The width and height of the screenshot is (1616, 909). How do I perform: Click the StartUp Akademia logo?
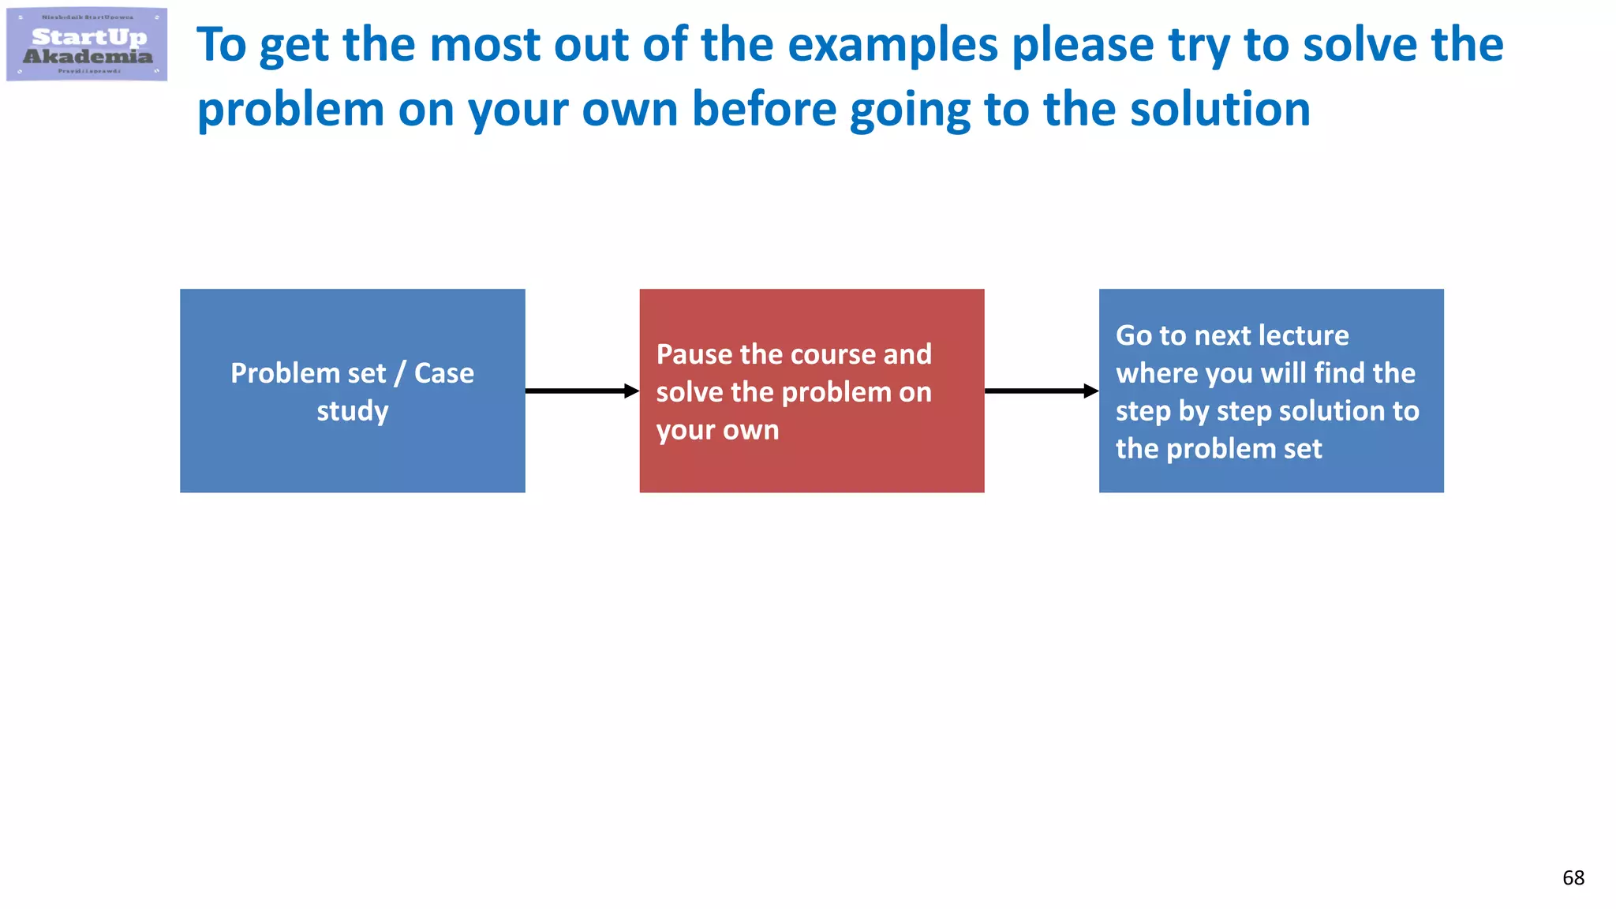pyautogui.click(x=87, y=44)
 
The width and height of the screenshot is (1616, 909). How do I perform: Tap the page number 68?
pyautogui.click(x=1573, y=877)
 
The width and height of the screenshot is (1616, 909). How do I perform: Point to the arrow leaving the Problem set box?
pyautogui.click(x=582, y=391)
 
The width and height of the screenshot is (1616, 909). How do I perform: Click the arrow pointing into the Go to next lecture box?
pyautogui.click(x=1041, y=391)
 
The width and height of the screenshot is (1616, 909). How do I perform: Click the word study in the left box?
pyautogui.click(x=353, y=411)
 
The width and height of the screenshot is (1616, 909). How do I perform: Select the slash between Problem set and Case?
pyautogui.click(x=400, y=373)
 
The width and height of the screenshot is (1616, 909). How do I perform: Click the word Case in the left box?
pyautogui.click(x=444, y=373)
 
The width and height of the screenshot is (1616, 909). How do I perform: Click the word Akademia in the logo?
pyautogui.click(x=88, y=56)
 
